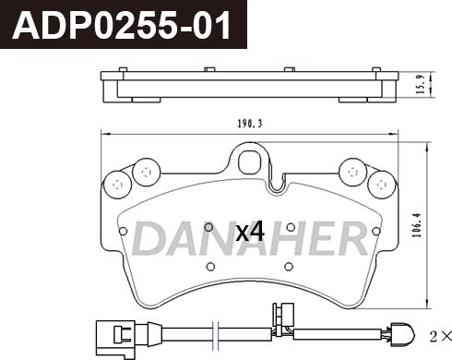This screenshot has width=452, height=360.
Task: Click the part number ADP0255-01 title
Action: pyautogui.click(x=121, y=25)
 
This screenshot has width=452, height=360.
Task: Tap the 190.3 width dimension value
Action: pyautogui.click(x=250, y=124)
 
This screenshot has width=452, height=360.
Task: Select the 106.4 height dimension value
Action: pyautogui.click(x=417, y=225)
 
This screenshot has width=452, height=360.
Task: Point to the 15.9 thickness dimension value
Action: pyautogui.click(x=421, y=84)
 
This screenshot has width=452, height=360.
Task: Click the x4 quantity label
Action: pyautogui.click(x=250, y=233)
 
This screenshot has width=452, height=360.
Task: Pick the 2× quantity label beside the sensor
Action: pyautogui.click(x=440, y=336)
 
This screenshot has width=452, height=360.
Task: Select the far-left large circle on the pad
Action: pyautogui.click(x=118, y=185)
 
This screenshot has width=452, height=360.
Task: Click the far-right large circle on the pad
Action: pyautogui.click(x=382, y=185)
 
